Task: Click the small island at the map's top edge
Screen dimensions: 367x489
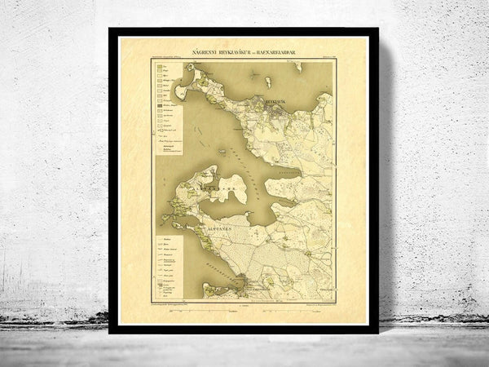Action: click(298, 65)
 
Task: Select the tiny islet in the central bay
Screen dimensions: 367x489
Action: click(222, 152)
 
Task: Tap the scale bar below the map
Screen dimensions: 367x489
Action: click(244, 306)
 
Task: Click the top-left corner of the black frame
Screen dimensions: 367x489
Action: click(109, 29)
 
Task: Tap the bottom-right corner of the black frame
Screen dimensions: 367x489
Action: click(379, 334)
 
